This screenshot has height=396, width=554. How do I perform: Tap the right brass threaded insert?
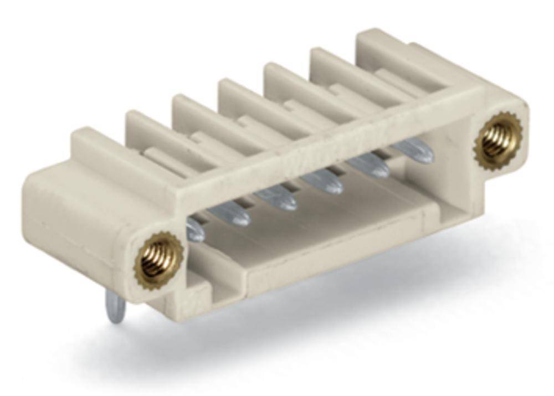(498, 139)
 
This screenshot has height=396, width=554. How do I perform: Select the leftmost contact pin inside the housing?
(195, 229)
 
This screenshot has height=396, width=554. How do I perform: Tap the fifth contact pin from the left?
(368, 165)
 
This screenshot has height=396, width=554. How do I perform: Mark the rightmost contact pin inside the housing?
(413, 151)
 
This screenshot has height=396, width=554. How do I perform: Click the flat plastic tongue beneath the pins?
(321, 233)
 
